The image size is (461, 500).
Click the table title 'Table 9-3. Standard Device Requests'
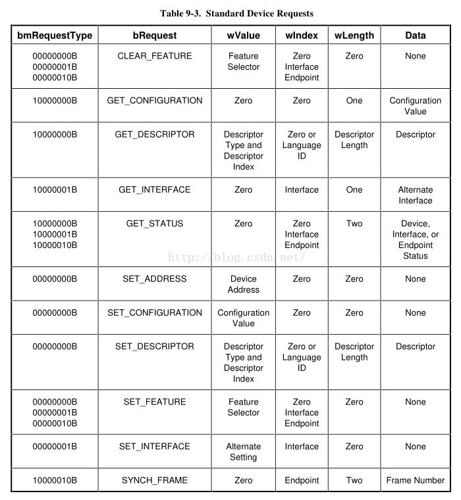coord(236,13)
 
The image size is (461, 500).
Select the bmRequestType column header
coord(55,36)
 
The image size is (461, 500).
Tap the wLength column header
coord(354,36)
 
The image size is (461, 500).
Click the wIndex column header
coord(302,36)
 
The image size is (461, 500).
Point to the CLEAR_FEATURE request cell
coord(155,56)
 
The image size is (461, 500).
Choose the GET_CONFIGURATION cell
coord(155,101)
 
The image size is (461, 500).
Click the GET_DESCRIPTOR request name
coord(155,134)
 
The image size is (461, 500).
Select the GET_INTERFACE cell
coord(155,189)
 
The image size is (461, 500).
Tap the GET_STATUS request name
coord(155,224)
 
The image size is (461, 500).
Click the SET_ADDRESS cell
coord(155,279)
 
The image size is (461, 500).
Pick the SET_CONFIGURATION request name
coord(155,312)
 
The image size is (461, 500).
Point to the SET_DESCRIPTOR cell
coord(155,346)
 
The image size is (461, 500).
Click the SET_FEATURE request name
coord(155,401)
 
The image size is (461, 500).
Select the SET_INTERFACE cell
coord(155,446)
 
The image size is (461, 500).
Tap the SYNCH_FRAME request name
coord(155,480)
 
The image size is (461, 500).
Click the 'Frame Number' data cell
coord(416,480)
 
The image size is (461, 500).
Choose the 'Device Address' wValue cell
coord(244,284)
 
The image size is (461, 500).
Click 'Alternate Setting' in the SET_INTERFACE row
coord(244,451)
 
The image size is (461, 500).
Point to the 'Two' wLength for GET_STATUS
coord(354,224)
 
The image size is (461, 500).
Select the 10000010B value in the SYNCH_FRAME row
coord(55,480)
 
